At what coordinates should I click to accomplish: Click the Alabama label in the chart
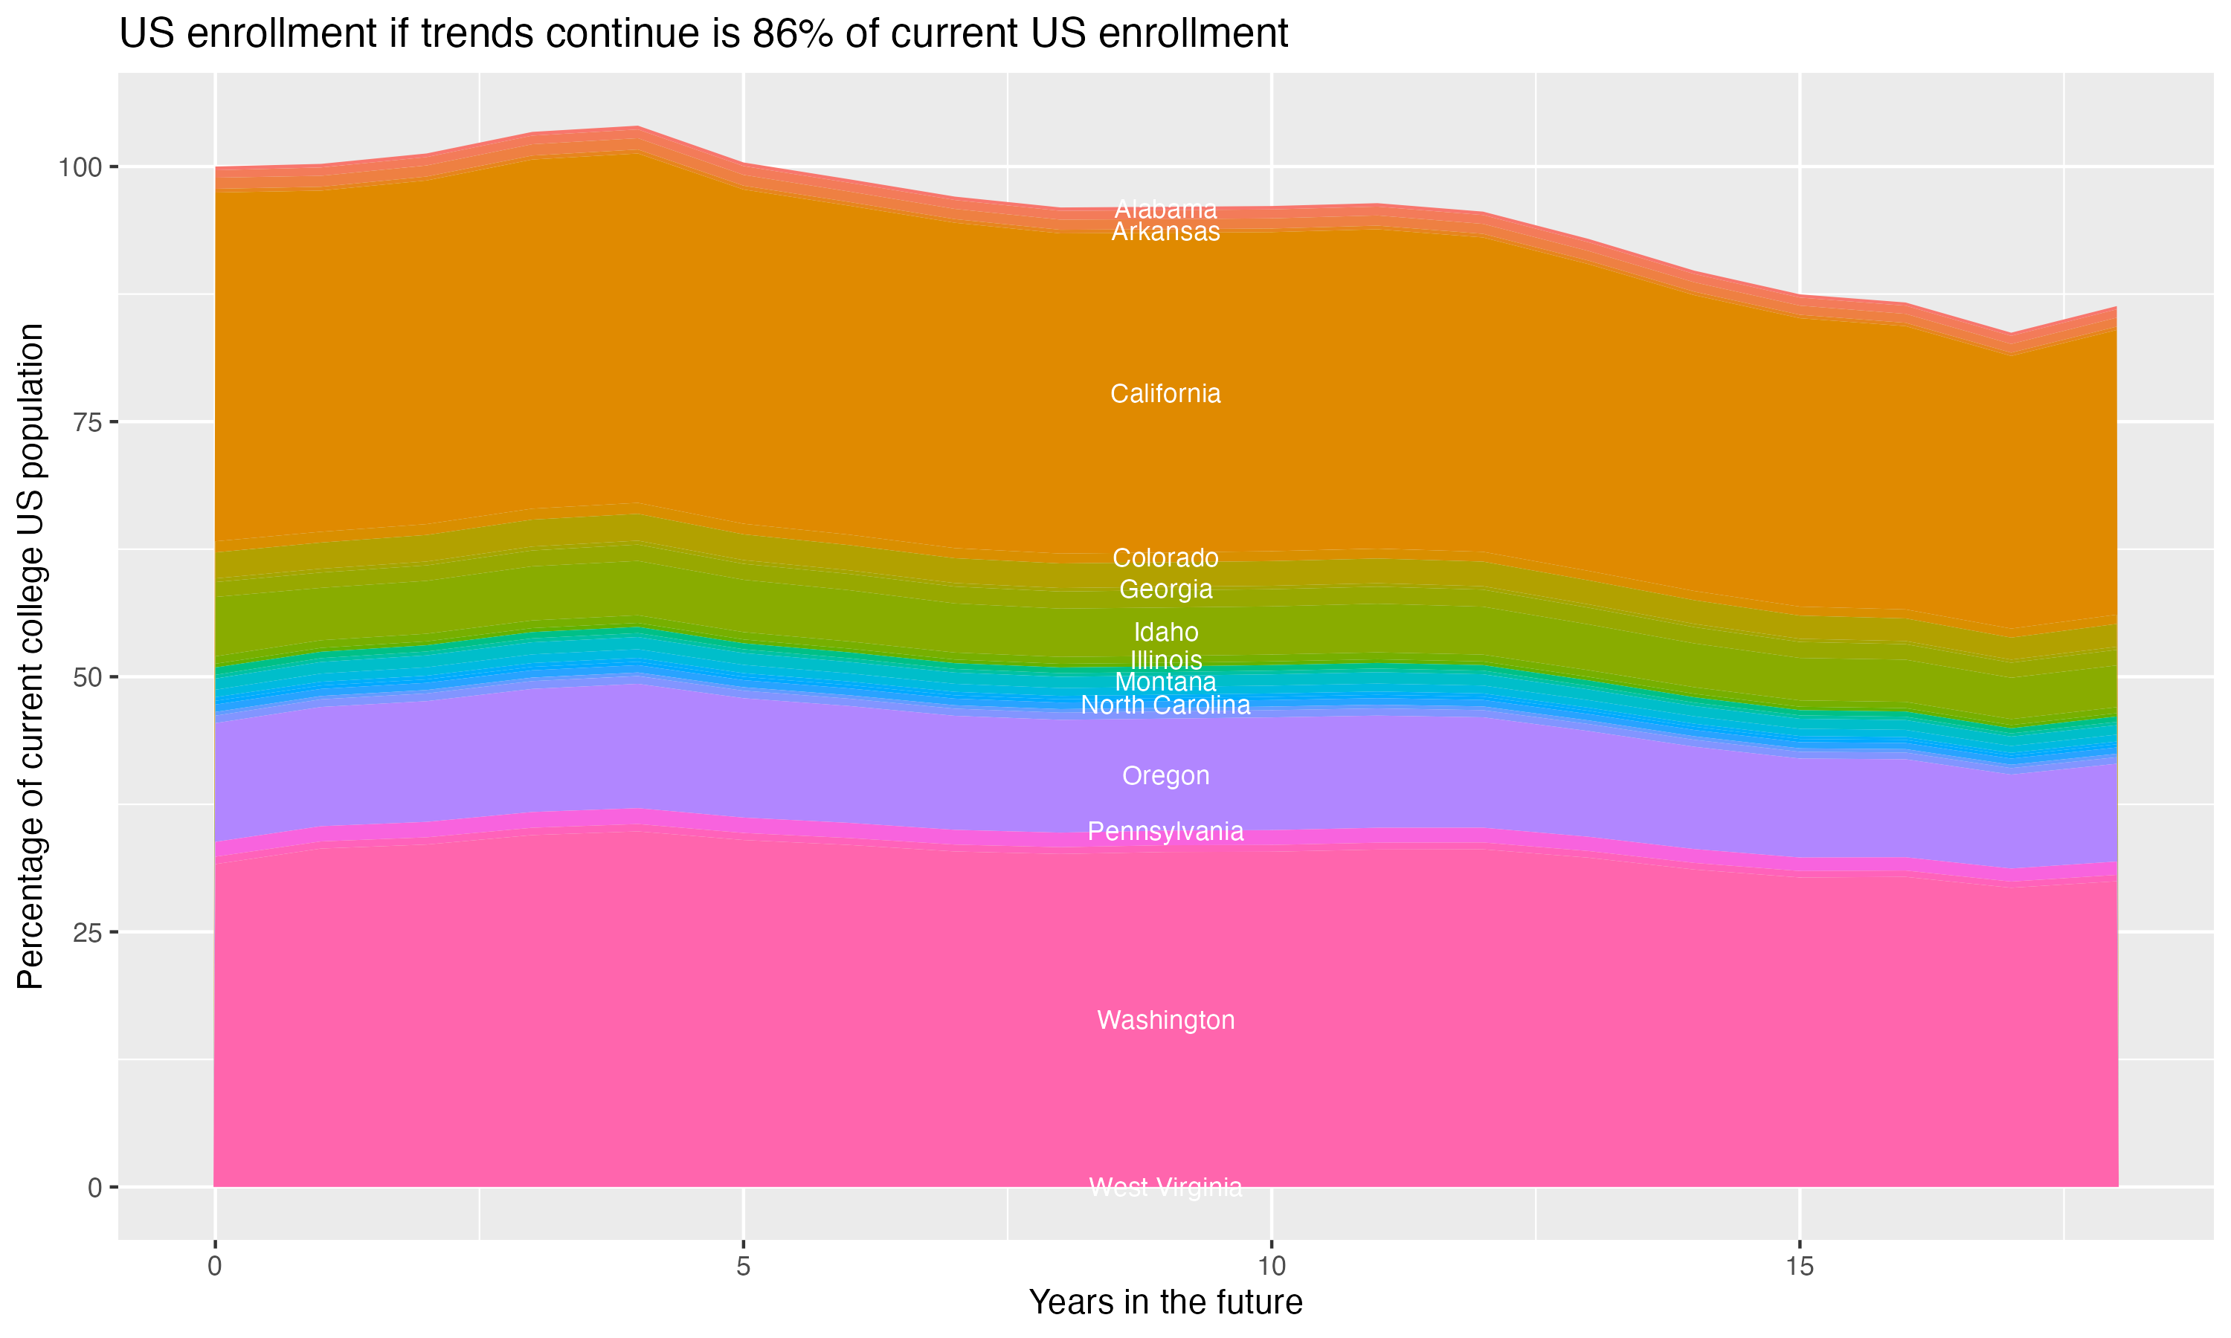coord(1165,209)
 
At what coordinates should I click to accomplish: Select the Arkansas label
coord(1165,232)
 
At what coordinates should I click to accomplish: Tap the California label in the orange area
coord(1165,393)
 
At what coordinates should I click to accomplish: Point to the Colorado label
coord(1165,557)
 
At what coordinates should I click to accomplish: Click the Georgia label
coord(1165,589)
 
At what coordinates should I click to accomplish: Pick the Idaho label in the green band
coord(1165,631)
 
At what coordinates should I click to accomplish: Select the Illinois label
coord(1165,659)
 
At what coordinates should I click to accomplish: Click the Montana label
coord(1165,682)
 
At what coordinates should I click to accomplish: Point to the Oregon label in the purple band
coord(1165,775)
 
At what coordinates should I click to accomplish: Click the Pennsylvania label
coord(1165,830)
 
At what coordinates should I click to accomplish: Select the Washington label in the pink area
coord(1165,1020)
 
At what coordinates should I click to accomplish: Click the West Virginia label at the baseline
coord(1165,1186)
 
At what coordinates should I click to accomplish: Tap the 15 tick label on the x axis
coord(1799,1267)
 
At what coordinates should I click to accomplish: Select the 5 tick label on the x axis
coord(743,1267)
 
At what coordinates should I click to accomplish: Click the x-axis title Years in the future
coord(1165,1302)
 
